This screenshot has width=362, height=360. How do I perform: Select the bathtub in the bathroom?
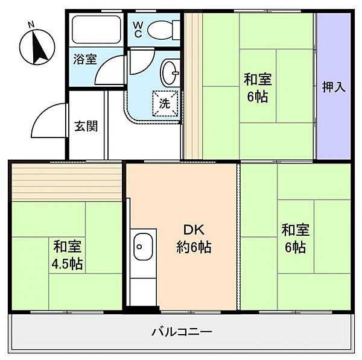tap(97, 28)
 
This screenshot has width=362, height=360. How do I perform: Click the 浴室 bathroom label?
tap(85, 59)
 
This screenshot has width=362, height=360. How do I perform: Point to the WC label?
tap(138, 30)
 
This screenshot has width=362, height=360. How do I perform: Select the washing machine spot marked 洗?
tap(165, 103)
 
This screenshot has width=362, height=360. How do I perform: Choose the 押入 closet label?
tap(334, 87)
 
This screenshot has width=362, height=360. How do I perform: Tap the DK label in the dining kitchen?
tap(194, 230)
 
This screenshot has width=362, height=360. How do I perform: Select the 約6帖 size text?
tap(194, 247)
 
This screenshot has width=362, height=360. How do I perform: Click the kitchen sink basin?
tap(142, 245)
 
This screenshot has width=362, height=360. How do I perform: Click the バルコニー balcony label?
tap(182, 331)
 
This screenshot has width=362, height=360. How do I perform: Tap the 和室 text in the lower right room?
tap(295, 230)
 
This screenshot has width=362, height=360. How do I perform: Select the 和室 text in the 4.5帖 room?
tap(67, 246)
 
